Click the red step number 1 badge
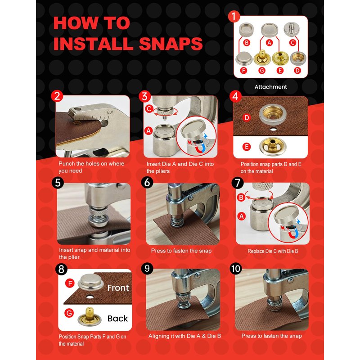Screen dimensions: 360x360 (x=234, y=17)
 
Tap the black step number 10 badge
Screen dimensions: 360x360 (x=236, y=269)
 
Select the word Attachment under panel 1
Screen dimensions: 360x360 (x=271, y=87)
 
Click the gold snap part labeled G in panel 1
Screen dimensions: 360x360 (x=262, y=58)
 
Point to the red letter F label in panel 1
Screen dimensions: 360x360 (x=243, y=71)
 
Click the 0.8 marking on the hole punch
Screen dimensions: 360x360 (x=110, y=112)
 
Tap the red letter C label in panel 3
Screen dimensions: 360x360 (x=149, y=108)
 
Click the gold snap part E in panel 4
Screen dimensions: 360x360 (x=272, y=147)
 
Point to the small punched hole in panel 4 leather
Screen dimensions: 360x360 (x=273, y=130)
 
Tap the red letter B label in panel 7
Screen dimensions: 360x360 (x=241, y=198)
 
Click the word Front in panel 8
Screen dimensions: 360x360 (x=118, y=288)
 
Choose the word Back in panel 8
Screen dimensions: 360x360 (x=117, y=319)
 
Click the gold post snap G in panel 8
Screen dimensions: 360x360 (x=90, y=317)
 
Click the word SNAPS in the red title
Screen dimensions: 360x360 (x=171, y=43)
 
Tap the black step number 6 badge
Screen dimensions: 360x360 (x=147, y=183)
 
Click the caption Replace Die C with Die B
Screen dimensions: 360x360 (x=273, y=251)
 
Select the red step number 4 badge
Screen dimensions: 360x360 (x=235, y=96)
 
